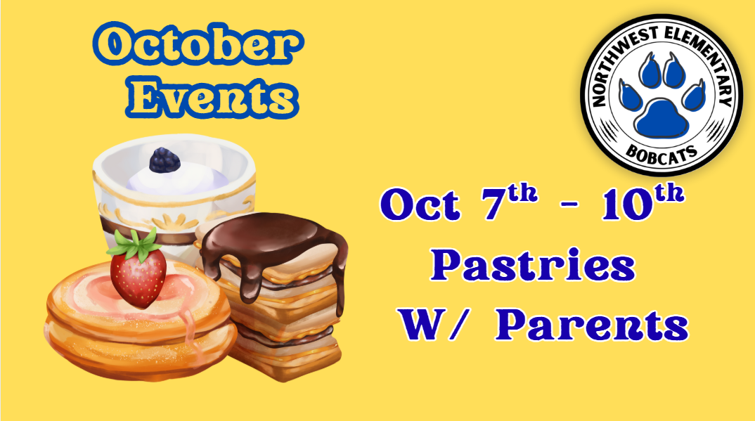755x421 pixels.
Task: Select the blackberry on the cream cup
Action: (164, 160)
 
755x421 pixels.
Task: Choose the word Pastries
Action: (533, 266)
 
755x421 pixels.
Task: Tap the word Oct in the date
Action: (420, 205)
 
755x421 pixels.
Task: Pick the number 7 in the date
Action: (494, 205)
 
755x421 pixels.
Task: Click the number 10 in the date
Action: (626, 205)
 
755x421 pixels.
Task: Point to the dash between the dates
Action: (569, 205)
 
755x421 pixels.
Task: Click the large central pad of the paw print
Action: (661, 118)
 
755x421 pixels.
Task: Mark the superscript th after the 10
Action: (670, 193)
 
